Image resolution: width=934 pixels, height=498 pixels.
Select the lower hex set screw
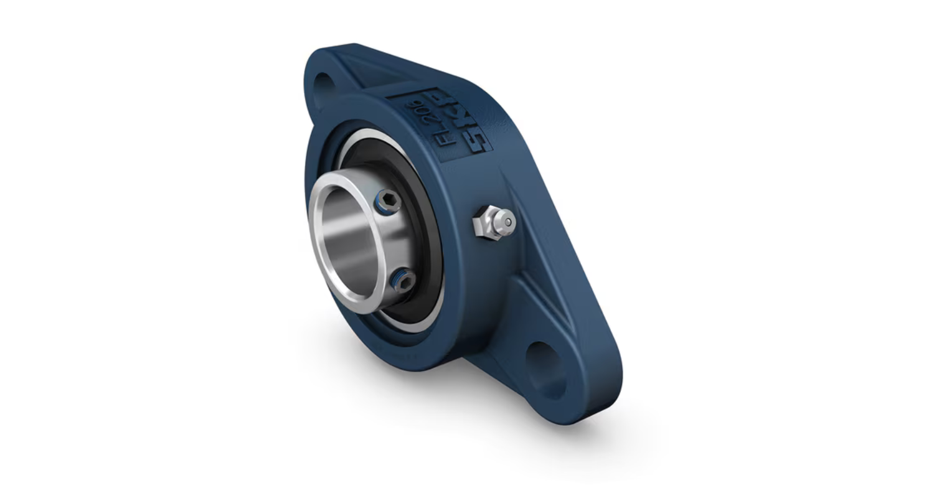tap(403, 282)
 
